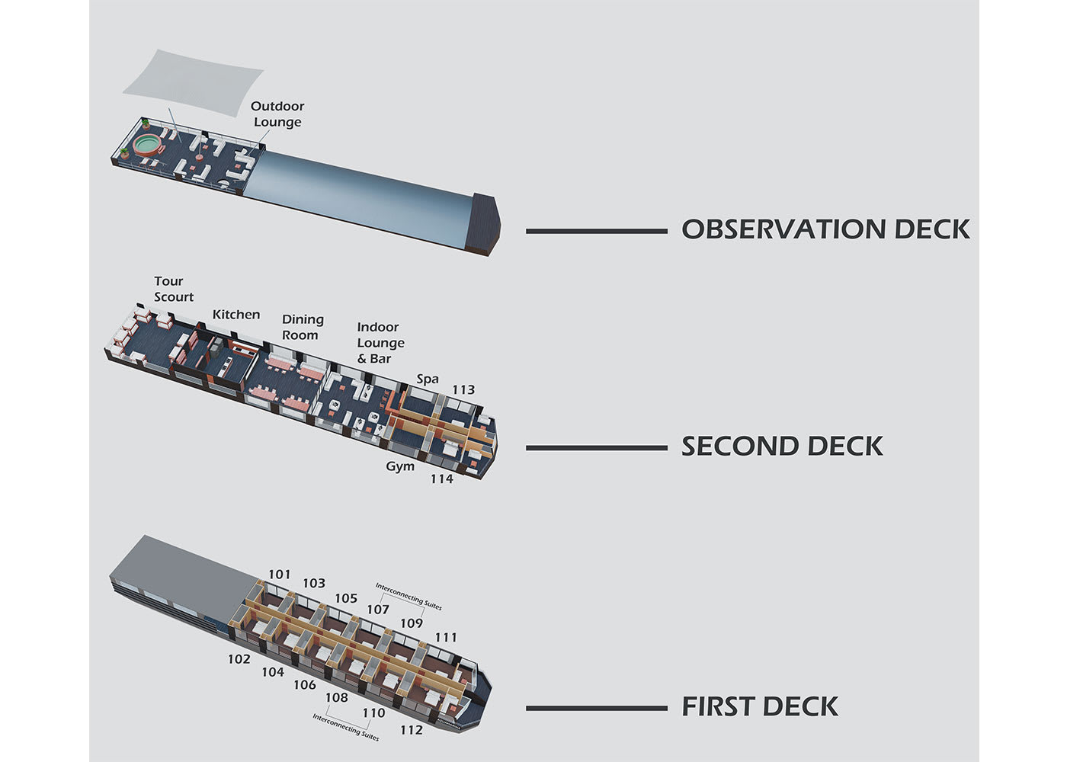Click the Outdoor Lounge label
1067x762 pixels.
click(277, 114)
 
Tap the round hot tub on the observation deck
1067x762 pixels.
click(147, 144)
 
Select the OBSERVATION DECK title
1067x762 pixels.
click(825, 229)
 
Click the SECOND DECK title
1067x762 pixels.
click(782, 447)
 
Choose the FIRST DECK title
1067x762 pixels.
click(760, 707)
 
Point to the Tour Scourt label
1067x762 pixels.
click(174, 290)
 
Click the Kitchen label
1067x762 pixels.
click(236, 315)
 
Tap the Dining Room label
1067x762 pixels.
click(303, 328)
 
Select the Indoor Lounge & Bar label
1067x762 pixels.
click(380, 343)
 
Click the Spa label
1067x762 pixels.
click(428, 379)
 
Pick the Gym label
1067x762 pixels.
click(400, 466)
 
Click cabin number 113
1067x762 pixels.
click(463, 390)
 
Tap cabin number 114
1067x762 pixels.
click(441, 479)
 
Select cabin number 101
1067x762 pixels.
click(280, 575)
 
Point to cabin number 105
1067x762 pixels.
click(346, 599)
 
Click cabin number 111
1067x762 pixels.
click(446, 638)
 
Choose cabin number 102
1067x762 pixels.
click(239, 659)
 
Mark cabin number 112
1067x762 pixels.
click(411, 731)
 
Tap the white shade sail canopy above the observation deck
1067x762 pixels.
click(192, 82)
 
